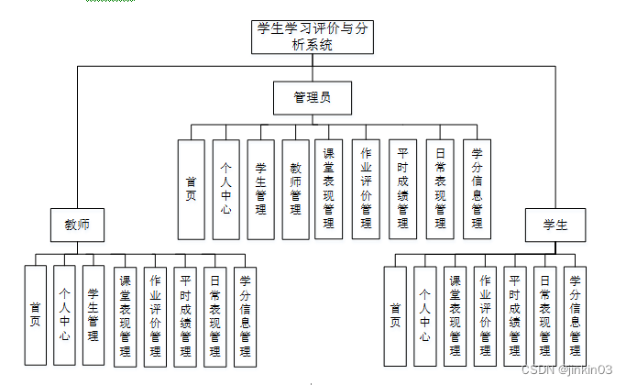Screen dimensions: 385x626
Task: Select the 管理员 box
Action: [312, 97]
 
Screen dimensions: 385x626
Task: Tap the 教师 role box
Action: [76, 225]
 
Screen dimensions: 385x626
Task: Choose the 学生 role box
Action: [555, 225]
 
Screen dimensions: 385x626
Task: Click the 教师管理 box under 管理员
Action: [295, 189]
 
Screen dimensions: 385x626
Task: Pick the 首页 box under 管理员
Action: [191, 189]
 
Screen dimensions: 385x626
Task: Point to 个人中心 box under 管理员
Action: [225, 189]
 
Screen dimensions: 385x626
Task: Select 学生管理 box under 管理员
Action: [260, 189]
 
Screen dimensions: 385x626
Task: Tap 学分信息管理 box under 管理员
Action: [477, 189]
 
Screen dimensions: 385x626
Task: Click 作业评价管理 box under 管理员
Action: [366, 189]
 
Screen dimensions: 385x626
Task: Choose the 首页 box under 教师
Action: [35, 316]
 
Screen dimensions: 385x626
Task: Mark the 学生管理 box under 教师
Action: [93, 316]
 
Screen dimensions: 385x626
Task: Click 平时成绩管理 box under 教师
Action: [185, 316]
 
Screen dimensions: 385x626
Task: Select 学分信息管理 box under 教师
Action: [245, 316]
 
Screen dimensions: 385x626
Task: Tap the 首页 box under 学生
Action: [395, 316]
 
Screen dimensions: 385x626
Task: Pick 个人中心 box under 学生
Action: [424, 316]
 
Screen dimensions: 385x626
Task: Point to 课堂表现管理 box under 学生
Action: [455, 316]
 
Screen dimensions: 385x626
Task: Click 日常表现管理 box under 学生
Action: [544, 316]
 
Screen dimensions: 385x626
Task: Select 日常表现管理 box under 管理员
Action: [440, 189]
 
